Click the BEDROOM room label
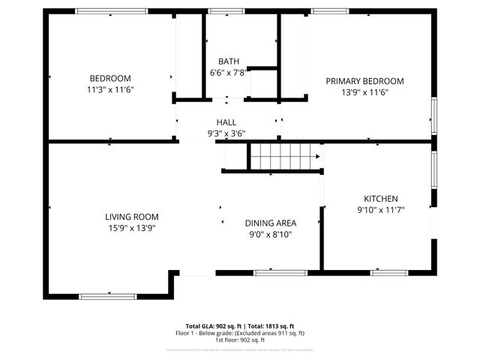pos(110,79)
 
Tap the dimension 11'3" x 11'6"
pos(110,89)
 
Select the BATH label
pos(228,61)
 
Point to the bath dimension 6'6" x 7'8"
pos(228,72)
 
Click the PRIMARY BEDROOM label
pos(364,81)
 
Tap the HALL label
pos(226,122)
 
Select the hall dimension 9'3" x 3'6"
pos(226,133)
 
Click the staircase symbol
pos(283,157)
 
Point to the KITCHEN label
pos(381,199)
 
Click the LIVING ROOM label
pos(131,217)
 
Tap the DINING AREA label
pos(271,223)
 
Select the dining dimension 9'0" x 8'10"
pos(271,234)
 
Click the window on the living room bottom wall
pos(108,296)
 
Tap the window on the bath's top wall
pos(220,11)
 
